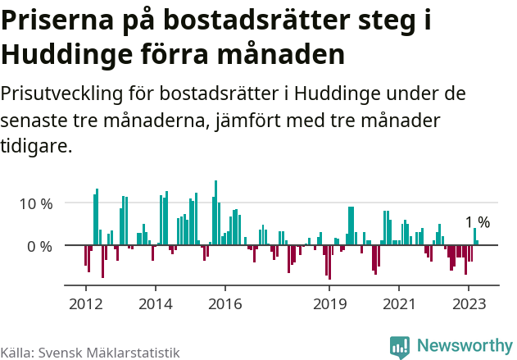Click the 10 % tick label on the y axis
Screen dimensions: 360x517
click(34, 203)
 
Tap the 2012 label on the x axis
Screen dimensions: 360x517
click(85, 303)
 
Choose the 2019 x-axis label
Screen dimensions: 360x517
click(330, 303)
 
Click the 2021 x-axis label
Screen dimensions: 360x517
click(400, 303)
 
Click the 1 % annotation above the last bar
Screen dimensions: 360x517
click(477, 223)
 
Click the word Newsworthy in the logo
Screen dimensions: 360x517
click(464, 346)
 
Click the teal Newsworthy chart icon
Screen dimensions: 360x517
click(400, 347)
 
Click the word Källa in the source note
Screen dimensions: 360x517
click(16, 352)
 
